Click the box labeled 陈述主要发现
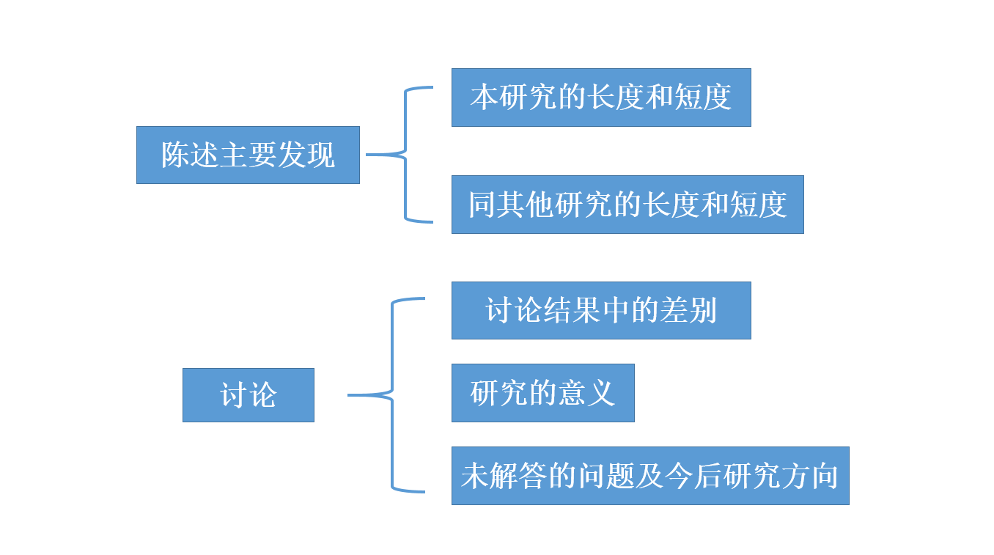tap(248, 155)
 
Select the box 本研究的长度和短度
tap(601, 98)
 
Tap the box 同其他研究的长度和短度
tap(627, 205)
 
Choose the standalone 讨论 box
tap(248, 395)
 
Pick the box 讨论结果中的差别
tap(601, 310)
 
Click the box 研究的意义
tap(542, 393)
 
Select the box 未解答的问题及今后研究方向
tap(649, 476)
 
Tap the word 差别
tap(688, 311)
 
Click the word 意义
tap(586, 394)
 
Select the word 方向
tap(809, 477)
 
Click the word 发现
tap(306, 155)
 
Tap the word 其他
tap(526, 205)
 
